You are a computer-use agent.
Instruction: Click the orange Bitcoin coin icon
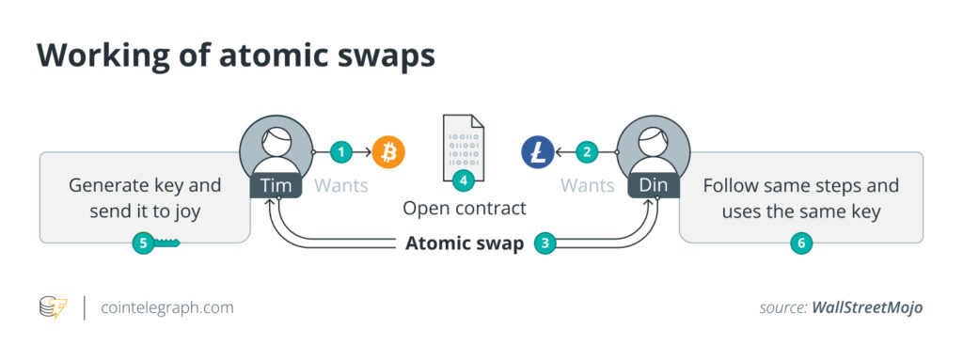[x=388, y=151]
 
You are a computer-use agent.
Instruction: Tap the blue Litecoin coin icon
[x=538, y=151]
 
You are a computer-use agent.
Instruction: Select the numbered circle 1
[x=341, y=151]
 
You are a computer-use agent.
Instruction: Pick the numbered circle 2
[x=588, y=151]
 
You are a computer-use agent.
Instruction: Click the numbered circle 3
[x=545, y=243]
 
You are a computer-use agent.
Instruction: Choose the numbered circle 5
[x=144, y=243]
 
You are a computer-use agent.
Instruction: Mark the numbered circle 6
[x=801, y=243]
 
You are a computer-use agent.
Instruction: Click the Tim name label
[x=276, y=185]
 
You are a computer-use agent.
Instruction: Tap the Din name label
[x=654, y=185]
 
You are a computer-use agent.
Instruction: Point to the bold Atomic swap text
[x=465, y=243]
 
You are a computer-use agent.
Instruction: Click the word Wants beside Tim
[x=341, y=185]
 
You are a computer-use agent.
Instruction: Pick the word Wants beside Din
[x=588, y=185]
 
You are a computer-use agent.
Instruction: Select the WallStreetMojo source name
[x=867, y=307]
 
